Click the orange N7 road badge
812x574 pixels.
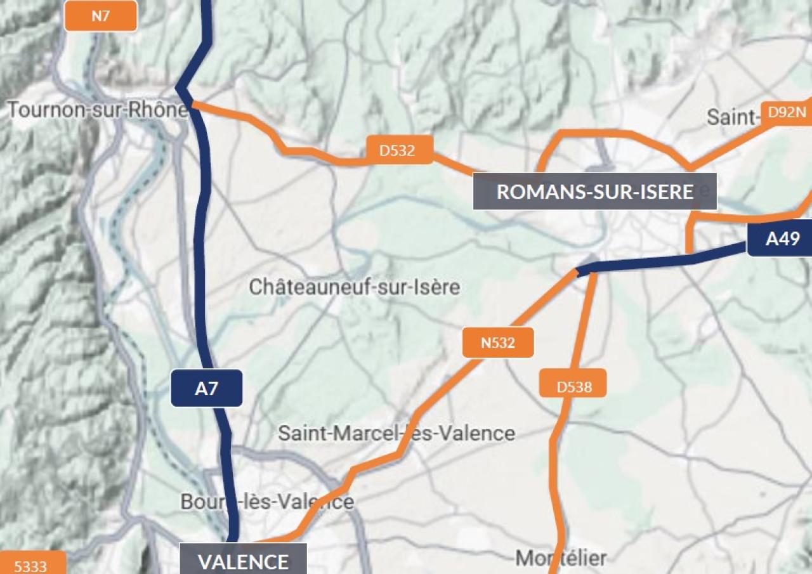pyautogui.click(x=101, y=16)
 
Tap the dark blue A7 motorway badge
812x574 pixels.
pyautogui.click(x=207, y=388)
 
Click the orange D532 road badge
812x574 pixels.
pyautogui.click(x=398, y=150)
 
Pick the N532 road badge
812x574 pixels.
pyautogui.click(x=498, y=343)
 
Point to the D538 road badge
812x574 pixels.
pyautogui.click(x=574, y=386)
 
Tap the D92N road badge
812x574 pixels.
pyautogui.click(x=787, y=112)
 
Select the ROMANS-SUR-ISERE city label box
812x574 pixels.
pyautogui.click(x=594, y=192)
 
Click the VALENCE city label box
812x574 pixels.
pyautogui.click(x=244, y=560)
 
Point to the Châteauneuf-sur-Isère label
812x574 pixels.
pyautogui.click(x=354, y=287)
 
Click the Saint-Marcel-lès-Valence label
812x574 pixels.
pyautogui.click(x=396, y=433)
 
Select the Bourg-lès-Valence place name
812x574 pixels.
pyautogui.click(x=267, y=502)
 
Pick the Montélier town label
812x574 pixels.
pyautogui.click(x=561, y=558)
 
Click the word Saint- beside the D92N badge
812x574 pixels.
pyautogui.click(x=733, y=117)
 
